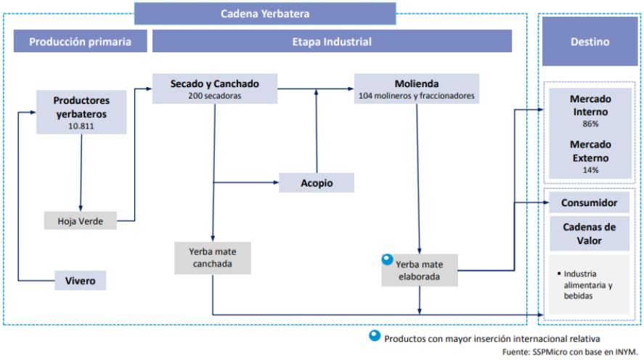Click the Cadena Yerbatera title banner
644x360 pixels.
pyautogui.click(x=265, y=14)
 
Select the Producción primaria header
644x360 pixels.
pyautogui.click(x=80, y=41)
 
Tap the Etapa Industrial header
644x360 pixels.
pyautogui.click(x=332, y=41)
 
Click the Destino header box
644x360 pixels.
pyautogui.click(x=590, y=41)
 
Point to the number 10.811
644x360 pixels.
pyautogui.click(x=81, y=126)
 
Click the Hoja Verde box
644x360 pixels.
pyautogui.click(x=80, y=221)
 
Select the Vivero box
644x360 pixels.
pyautogui.click(x=80, y=281)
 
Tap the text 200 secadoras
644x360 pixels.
pyautogui.click(x=215, y=96)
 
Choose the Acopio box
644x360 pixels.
pyautogui.click(x=317, y=183)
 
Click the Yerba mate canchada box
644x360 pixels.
pyautogui.click(x=212, y=258)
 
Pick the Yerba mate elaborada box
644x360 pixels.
pyautogui.click(x=420, y=270)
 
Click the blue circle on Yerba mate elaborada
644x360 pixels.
pyautogui.click(x=387, y=259)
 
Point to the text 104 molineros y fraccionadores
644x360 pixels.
pyautogui.click(x=417, y=96)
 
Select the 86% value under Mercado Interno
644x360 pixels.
pyautogui.click(x=590, y=123)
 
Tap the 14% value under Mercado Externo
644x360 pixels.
pyautogui.click(x=590, y=170)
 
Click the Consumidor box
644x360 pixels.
pyautogui.click(x=589, y=202)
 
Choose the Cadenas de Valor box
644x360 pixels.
pyautogui.click(x=589, y=234)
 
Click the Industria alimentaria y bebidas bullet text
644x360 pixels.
pyautogui.click(x=585, y=285)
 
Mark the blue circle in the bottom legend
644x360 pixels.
pyautogui.click(x=375, y=336)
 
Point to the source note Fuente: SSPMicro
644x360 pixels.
pyautogui.click(x=570, y=352)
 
